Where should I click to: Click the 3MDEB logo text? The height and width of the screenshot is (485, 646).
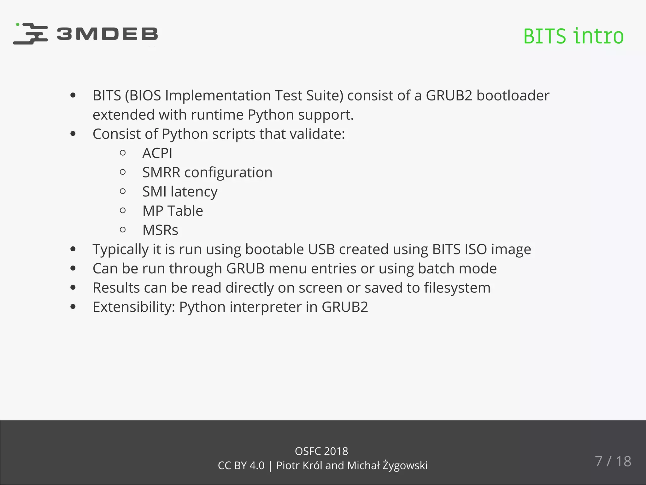107,34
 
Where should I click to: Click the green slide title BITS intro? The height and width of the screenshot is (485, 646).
573,36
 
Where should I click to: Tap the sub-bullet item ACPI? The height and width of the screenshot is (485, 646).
157,153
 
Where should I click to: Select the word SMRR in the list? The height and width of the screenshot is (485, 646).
161,173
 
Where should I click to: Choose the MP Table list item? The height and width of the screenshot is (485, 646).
173,211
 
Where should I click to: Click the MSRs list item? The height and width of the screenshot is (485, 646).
160,230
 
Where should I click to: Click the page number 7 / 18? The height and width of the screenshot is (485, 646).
613,461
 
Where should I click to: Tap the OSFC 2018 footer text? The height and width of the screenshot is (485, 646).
321,451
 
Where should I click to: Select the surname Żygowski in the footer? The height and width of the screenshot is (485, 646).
405,466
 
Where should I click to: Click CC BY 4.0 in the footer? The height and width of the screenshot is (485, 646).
241,466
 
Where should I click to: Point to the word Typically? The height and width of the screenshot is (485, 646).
120,250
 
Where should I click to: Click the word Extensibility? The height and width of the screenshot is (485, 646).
134,307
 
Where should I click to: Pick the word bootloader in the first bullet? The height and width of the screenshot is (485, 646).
513,96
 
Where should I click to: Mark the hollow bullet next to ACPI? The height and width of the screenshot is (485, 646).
123,153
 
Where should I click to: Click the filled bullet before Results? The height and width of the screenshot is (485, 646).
73,287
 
